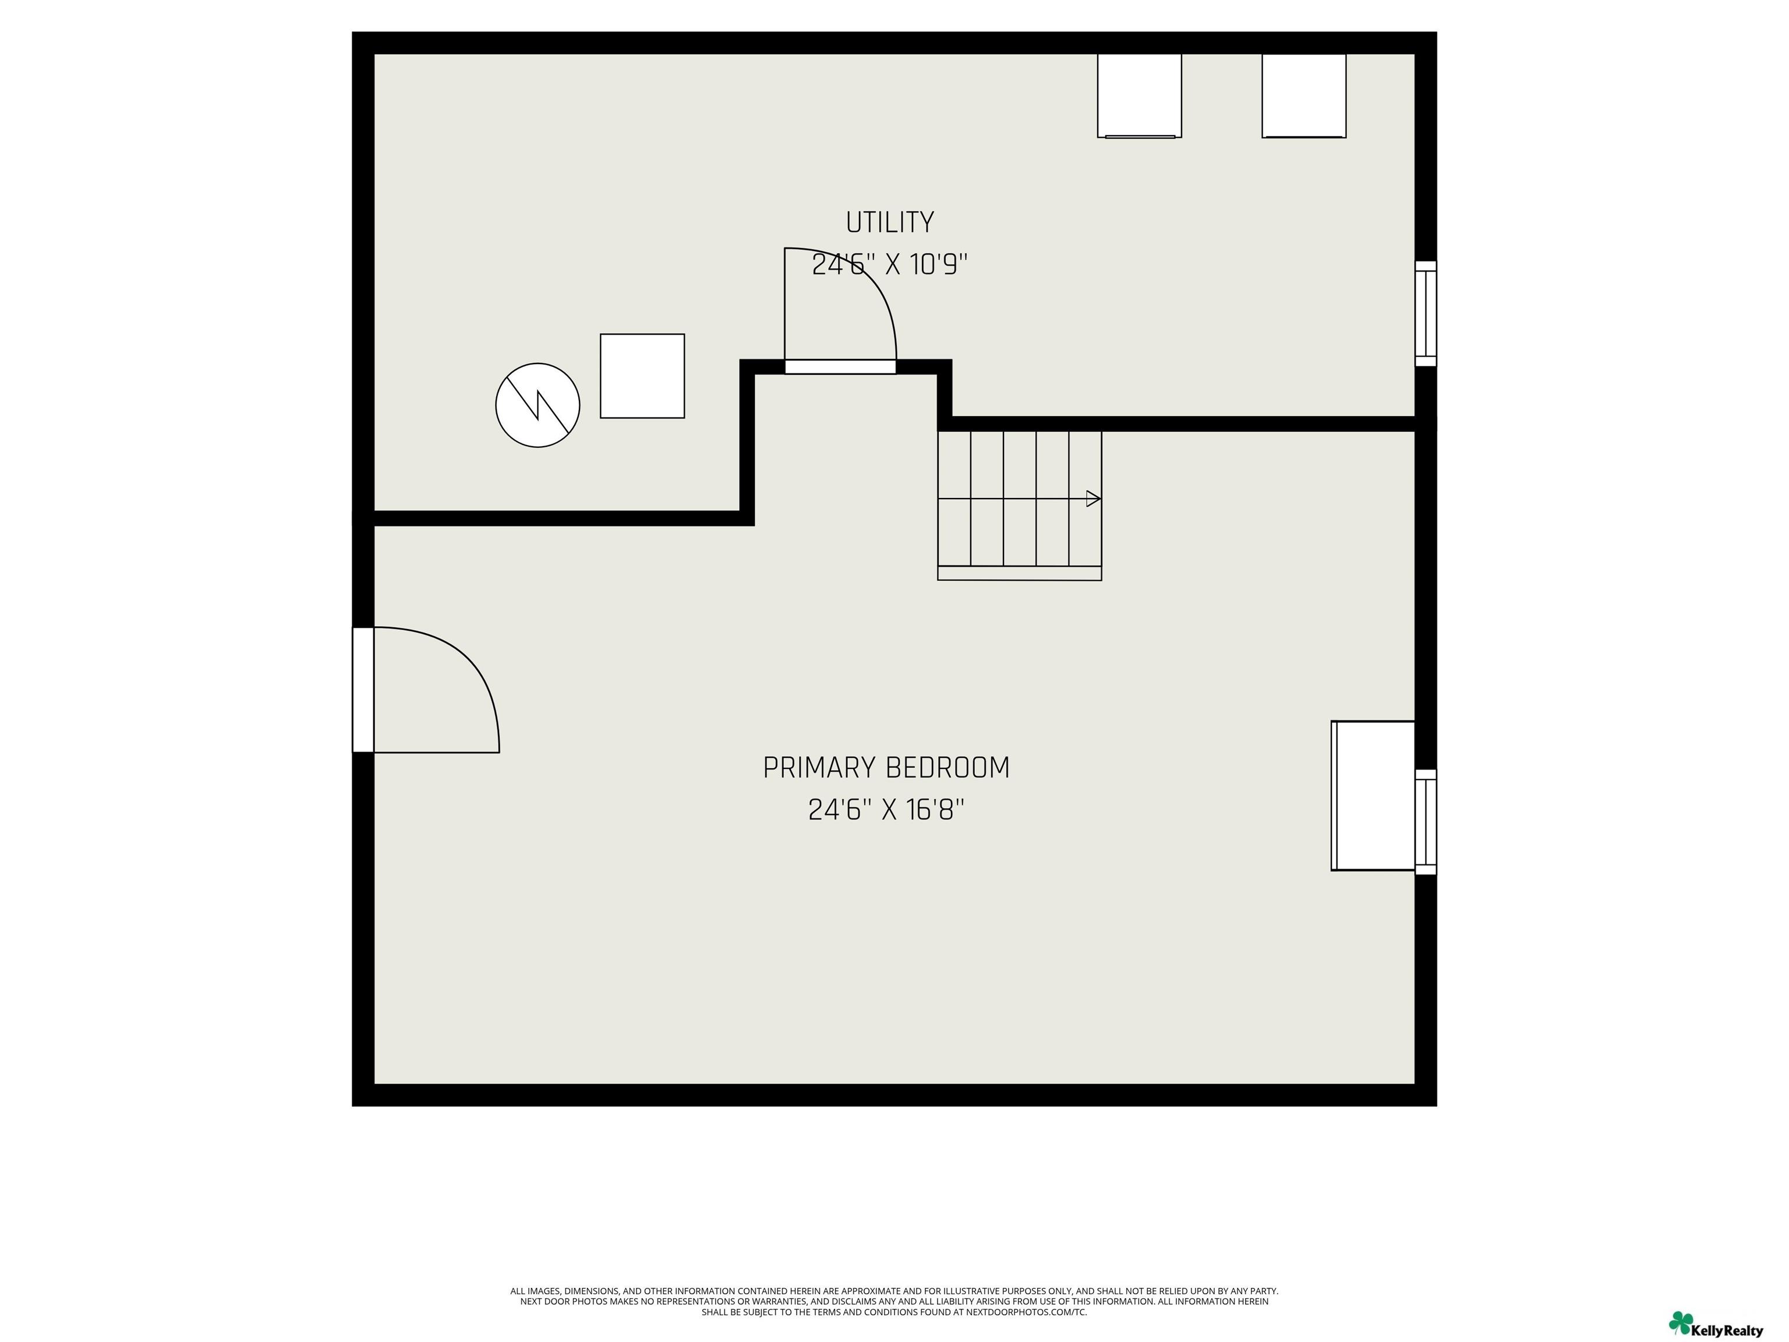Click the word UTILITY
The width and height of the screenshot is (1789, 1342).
tap(890, 222)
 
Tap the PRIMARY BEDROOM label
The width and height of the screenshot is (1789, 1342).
tap(886, 768)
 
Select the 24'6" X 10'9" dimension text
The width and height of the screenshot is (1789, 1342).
tap(890, 264)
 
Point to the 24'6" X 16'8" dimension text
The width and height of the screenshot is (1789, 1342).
tap(886, 810)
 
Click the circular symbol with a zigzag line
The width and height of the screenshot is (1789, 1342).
tap(538, 405)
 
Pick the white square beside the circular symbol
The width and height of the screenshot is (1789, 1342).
tap(642, 376)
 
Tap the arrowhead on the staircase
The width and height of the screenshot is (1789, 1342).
tap(1093, 498)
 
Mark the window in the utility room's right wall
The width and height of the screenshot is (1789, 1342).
tap(1425, 314)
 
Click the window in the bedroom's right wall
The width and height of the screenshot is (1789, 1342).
tap(1425, 822)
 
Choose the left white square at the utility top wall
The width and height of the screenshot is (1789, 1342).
tap(1140, 96)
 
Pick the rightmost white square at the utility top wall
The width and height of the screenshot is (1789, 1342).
tap(1304, 96)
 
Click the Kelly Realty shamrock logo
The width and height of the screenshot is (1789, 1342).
tap(1681, 1323)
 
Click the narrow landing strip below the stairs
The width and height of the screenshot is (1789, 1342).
tap(1020, 573)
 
